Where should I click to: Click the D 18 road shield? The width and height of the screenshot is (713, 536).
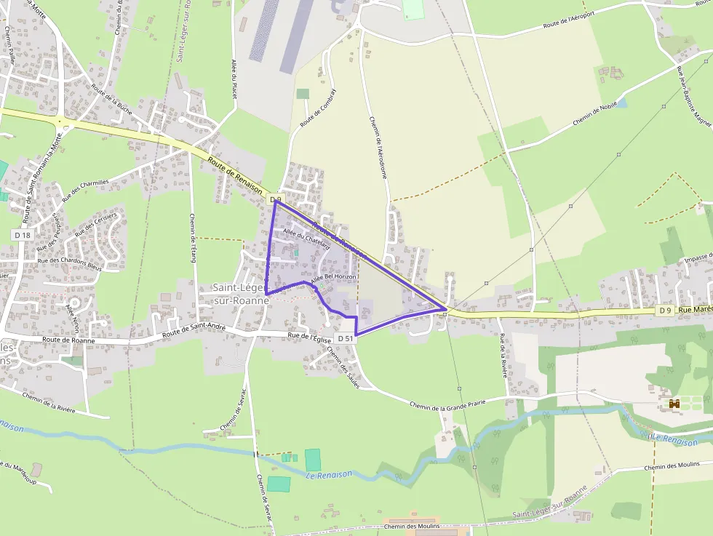[22, 235]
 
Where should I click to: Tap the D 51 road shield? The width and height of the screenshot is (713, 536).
[346, 338]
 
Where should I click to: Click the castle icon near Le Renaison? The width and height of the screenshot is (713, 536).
[674, 403]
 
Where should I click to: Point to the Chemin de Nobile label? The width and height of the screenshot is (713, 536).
[594, 113]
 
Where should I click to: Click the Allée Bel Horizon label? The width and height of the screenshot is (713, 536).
[333, 279]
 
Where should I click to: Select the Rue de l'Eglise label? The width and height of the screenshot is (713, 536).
[309, 336]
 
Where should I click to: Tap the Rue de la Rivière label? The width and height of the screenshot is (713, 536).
[503, 356]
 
